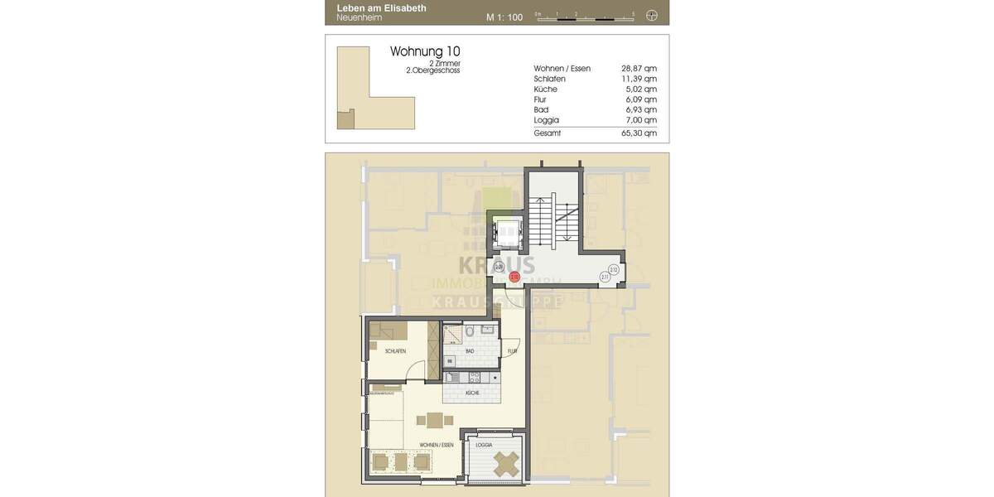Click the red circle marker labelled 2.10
[x=514, y=277]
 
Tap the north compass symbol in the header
[x=652, y=15]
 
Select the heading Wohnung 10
[x=425, y=51]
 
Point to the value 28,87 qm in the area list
[x=639, y=69]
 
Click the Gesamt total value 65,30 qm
[x=639, y=133]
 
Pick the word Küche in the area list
[x=546, y=89]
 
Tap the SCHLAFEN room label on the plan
[x=395, y=352]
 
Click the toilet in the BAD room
[x=470, y=332]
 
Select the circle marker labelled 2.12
[x=614, y=269]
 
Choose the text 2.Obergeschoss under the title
[x=432, y=71]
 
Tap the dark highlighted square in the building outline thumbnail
[x=345, y=119]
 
